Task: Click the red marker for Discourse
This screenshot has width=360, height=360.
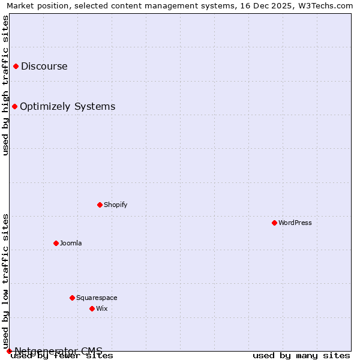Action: point(16,66)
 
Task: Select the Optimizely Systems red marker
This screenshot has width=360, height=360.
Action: point(14,106)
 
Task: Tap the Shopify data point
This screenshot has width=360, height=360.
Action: point(100,205)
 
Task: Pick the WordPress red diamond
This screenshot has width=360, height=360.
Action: point(274,223)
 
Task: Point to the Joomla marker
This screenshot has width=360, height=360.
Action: point(56,243)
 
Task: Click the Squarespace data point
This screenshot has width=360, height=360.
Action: point(72,298)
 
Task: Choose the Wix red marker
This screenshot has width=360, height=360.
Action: point(92,308)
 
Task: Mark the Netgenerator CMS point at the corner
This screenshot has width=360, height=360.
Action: point(9,351)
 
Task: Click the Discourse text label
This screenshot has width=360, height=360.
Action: point(44,67)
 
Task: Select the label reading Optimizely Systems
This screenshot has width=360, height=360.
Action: point(67,107)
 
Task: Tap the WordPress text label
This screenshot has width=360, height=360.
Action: point(295,223)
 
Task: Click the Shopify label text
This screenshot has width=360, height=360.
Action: point(115,205)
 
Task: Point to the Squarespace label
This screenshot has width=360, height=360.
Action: point(97,298)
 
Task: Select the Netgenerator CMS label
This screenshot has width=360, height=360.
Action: point(58,351)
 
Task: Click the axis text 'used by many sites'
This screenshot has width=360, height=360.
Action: point(301,356)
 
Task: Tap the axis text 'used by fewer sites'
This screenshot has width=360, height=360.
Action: point(62,356)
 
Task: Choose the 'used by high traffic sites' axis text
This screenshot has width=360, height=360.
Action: point(5,85)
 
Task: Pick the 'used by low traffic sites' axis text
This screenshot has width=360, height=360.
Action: point(5,281)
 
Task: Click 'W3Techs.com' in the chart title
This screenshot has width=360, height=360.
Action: point(328,5)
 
